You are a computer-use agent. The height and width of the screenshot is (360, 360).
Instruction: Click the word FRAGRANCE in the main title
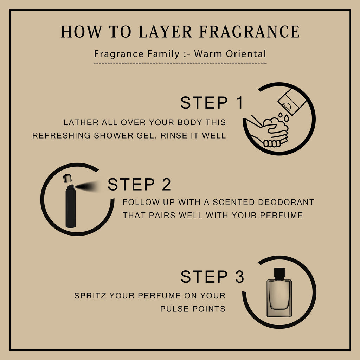(249, 31)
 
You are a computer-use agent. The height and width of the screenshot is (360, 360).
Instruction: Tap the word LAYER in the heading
(165, 31)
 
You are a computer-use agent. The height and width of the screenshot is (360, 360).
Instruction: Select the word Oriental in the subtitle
(246, 54)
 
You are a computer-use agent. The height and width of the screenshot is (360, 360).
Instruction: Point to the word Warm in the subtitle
(208, 54)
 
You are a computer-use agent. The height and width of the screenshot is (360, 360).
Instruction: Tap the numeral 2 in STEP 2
(166, 184)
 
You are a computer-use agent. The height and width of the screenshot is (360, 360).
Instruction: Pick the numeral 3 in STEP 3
(239, 276)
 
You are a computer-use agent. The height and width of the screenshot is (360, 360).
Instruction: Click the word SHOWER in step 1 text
(114, 135)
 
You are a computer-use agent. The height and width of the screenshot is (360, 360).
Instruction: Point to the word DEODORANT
(286, 202)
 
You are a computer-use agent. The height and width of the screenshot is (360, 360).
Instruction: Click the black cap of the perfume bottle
(279, 274)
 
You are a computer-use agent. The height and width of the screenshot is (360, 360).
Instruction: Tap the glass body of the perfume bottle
(279, 298)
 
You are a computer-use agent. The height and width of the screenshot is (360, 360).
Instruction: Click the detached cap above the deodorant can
(67, 178)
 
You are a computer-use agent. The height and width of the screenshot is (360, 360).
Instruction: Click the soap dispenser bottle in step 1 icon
(291, 102)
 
